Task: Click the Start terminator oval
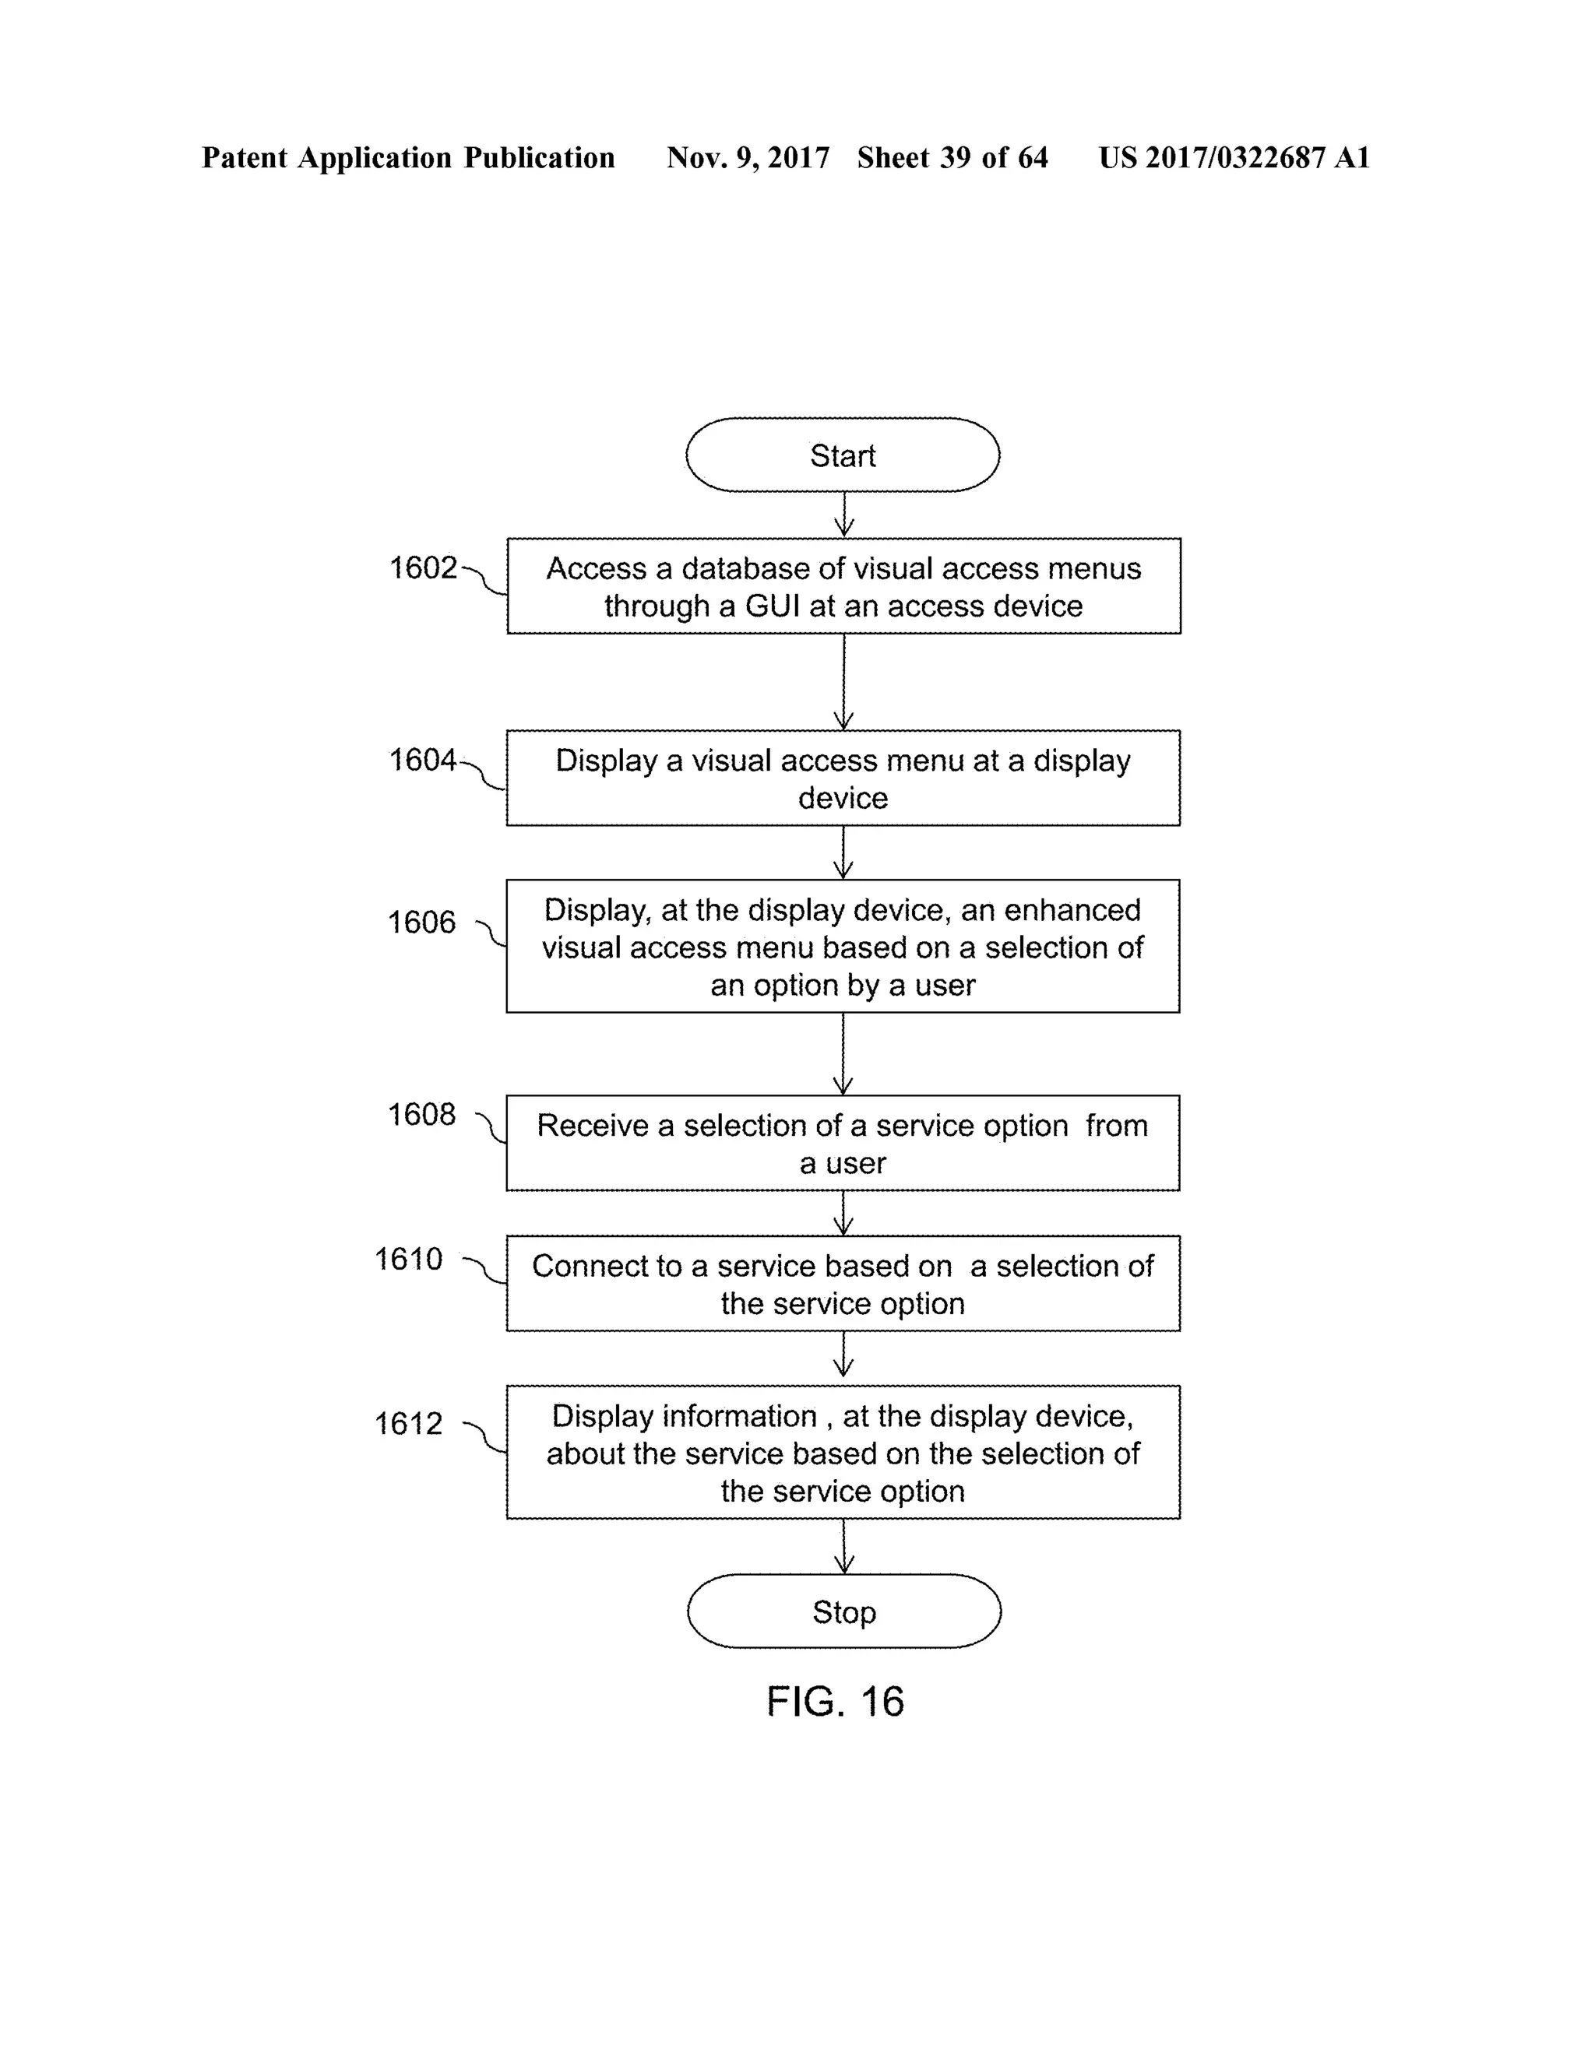842,455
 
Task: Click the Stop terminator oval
843,1611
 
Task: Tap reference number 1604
422,760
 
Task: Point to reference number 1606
421,922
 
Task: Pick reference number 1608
421,1115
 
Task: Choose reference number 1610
408,1259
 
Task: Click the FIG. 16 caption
836,1701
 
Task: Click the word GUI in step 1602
772,606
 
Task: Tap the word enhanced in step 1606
1072,909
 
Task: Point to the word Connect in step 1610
586,1266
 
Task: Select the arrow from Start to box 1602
843,515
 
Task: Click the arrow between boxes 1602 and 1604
843,681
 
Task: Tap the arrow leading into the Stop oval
843,1545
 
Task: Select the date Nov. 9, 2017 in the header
748,158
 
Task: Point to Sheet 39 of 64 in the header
952,158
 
